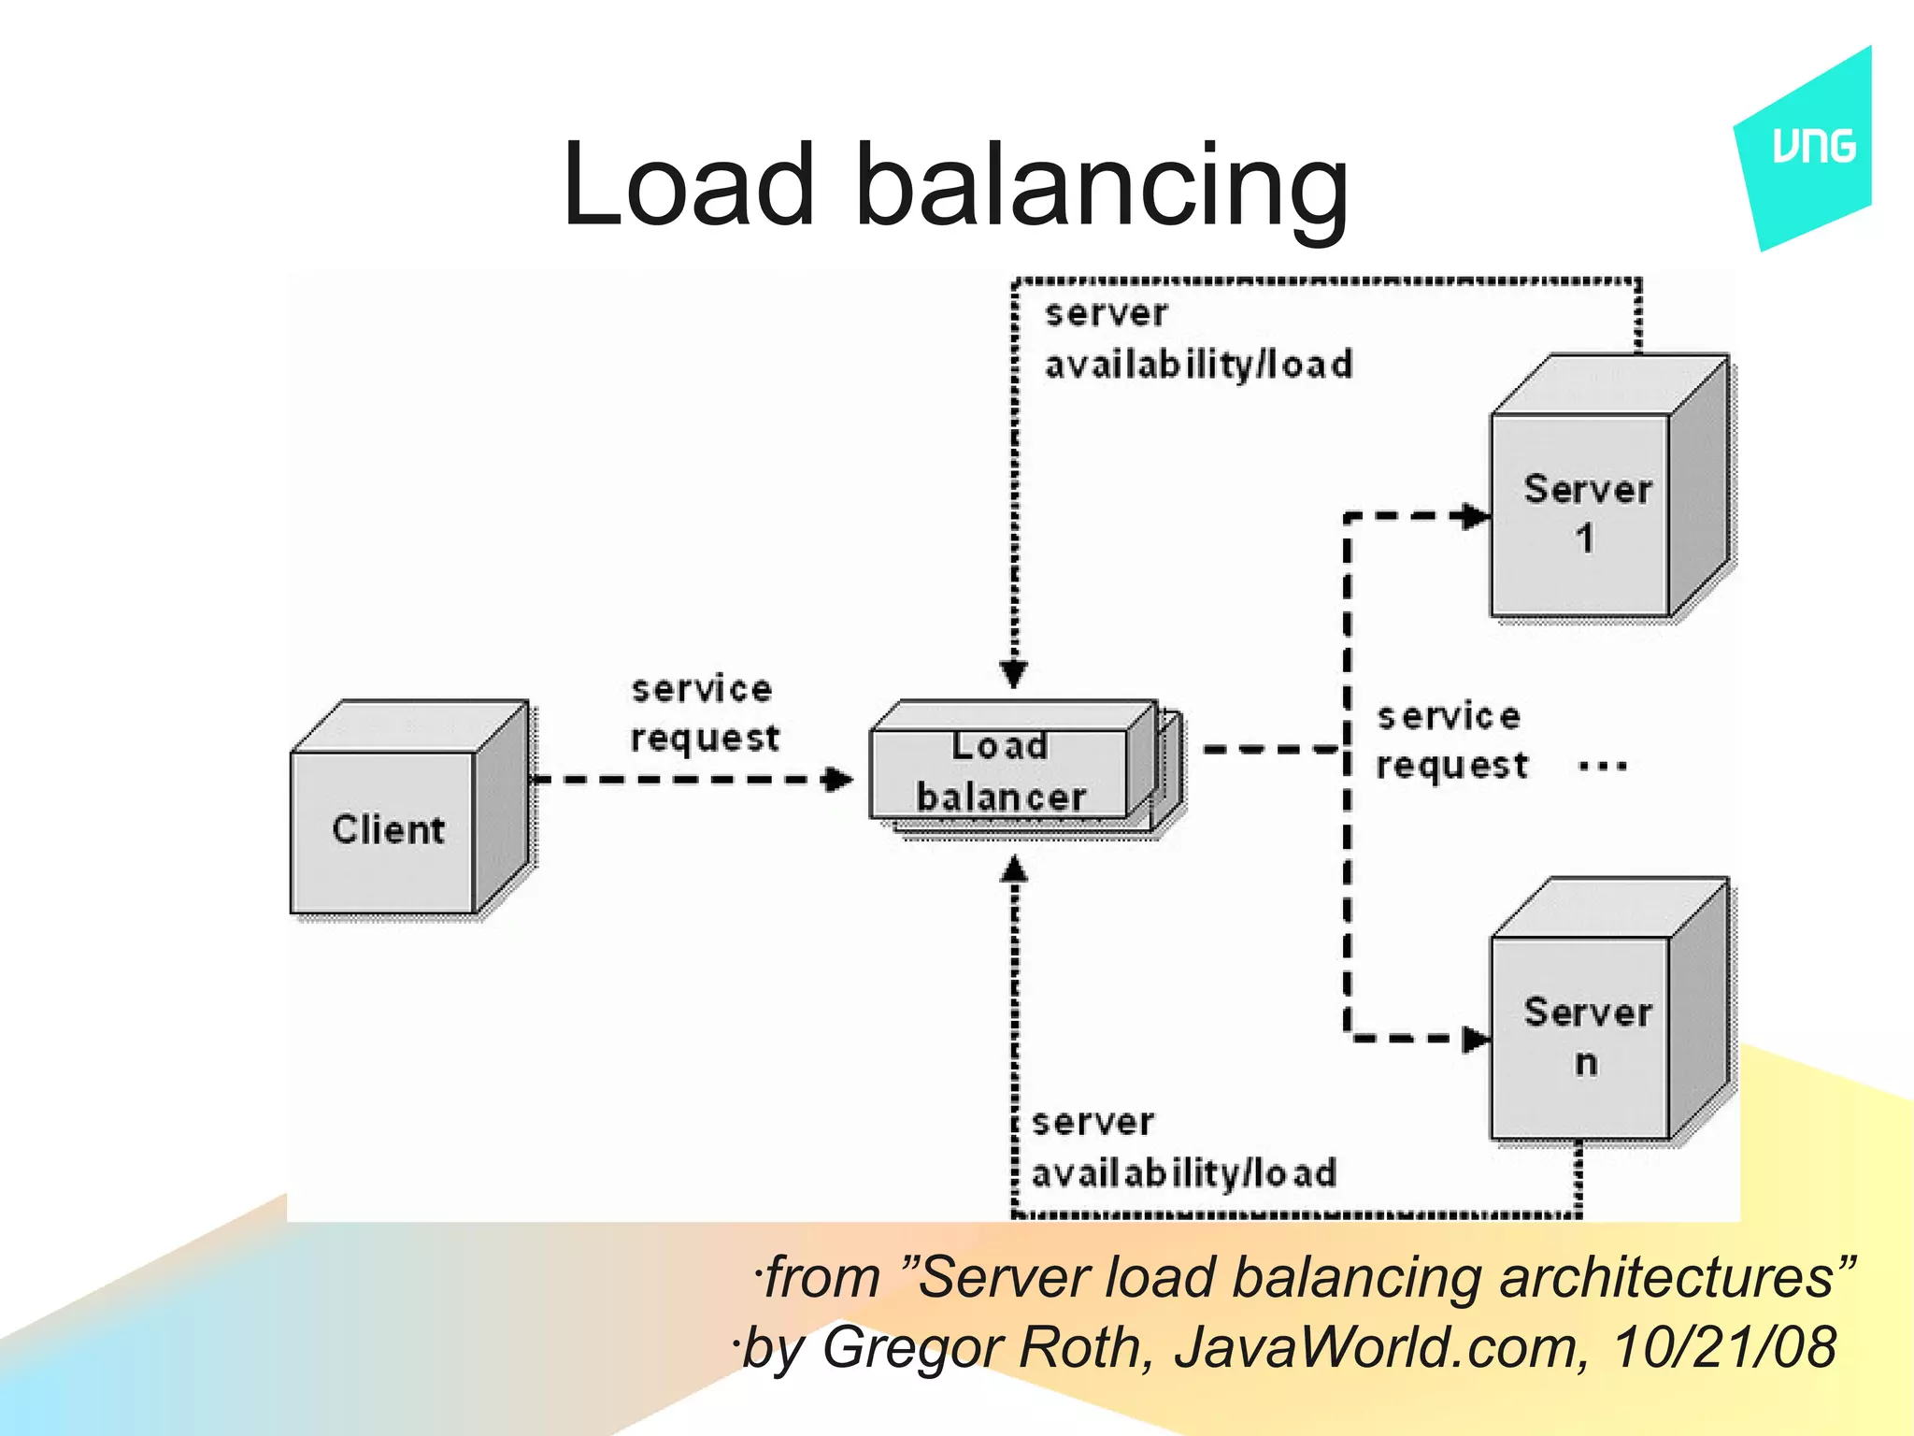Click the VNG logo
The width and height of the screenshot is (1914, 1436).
(x=1812, y=148)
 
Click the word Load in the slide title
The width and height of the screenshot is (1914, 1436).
(x=689, y=184)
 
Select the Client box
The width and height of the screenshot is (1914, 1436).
(x=388, y=830)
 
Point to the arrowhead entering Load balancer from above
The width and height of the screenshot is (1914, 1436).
(x=1014, y=673)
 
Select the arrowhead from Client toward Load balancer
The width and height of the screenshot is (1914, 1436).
(x=838, y=779)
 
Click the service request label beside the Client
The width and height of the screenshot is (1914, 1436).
(x=703, y=713)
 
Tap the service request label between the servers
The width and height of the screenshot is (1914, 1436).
(x=1450, y=740)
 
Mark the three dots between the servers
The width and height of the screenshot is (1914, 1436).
(x=1602, y=767)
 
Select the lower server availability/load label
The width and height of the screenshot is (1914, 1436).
(x=1183, y=1147)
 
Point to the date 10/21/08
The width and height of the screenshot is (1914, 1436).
(x=1724, y=1347)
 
